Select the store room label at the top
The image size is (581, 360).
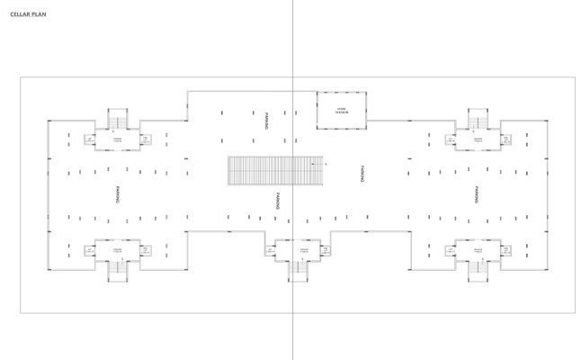[x=342, y=110]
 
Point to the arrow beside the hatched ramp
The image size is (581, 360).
[x=326, y=165]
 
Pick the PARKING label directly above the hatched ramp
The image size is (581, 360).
[x=267, y=121]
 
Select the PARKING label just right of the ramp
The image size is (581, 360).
[x=362, y=173]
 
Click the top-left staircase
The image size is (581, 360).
[x=118, y=121]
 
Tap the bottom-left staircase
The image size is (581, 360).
[x=118, y=266]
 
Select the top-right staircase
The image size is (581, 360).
[x=476, y=121]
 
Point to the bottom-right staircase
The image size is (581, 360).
[x=476, y=266]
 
